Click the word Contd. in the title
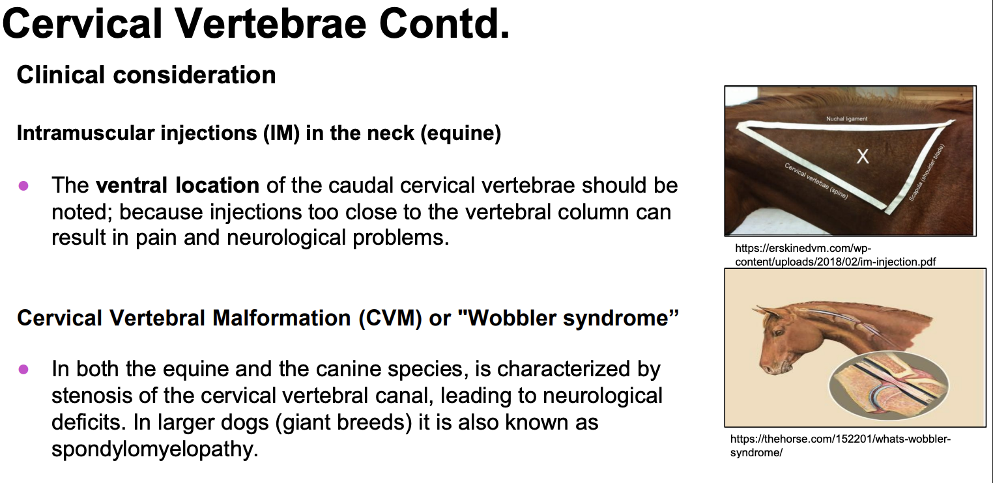[x=444, y=24]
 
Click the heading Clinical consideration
[x=147, y=74]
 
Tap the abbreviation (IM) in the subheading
[x=281, y=133]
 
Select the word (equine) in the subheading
[x=461, y=133]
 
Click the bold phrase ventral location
[x=177, y=185]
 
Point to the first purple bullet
[x=23, y=186]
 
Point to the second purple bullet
[x=23, y=369]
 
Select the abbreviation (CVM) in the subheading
[x=390, y=318]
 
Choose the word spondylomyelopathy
[x=154, y=449]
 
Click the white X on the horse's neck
[x=863, y=156]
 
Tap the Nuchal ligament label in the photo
[x=846, y=118]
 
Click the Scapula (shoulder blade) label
[x=927, y=172]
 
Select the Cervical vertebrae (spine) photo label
[x=816, y=181]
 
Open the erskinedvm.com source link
[x=835, y=255]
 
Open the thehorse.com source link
[x=840, y=446]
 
